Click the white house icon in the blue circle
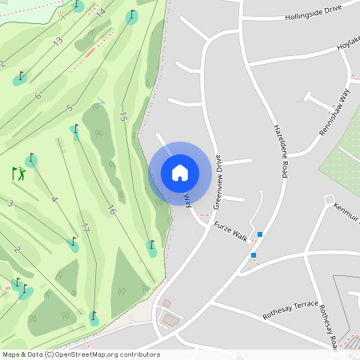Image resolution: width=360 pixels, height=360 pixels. click(x=180, y=173)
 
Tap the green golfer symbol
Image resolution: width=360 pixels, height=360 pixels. click(x=18, y=173)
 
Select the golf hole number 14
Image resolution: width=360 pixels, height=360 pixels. click(x=100, y=13)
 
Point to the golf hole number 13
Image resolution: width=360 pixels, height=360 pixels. click(x=58, y=41)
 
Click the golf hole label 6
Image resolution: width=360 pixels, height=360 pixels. click(x=38, y=96)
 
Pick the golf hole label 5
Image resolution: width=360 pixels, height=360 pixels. click(x=70, y=108)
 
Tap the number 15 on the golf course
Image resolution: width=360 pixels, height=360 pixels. click(x=122, y=116)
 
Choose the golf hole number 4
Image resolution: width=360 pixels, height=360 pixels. click(x=54, y=199)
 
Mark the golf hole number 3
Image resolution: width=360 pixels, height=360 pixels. click(x=10, y=204)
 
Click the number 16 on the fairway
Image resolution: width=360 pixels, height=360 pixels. click(x=111, y=210)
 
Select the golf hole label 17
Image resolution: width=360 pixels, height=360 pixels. click(x=84, y=230)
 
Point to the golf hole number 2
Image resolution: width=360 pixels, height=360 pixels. click(x=16, y=250)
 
